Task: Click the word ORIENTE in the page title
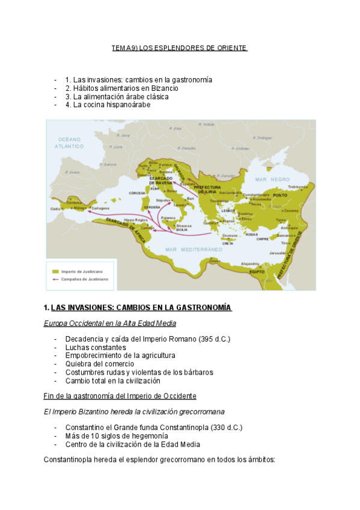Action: [x=231, y=48]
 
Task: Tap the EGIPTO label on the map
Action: [x=258, y=272]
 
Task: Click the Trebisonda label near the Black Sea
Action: [x=298, y=186]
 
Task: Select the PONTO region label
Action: [x=281, y=195]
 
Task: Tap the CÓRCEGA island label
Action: [x=137, y=193]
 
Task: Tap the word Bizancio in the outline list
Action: [x=163, y=88]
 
